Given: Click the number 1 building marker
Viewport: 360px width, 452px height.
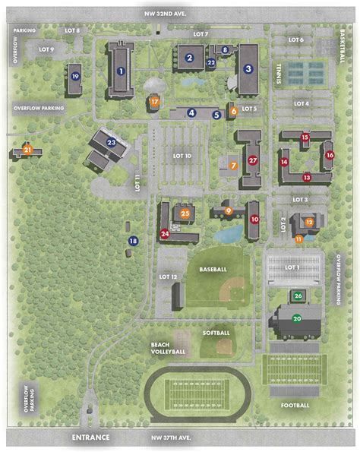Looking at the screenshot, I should pyautogui.click(x=121, y=71).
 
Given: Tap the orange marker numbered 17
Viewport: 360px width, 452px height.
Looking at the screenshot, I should pyautogui.click(x=155, y=101).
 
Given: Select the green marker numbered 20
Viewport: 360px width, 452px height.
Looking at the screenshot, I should pyautogui.click(x=297, y=319).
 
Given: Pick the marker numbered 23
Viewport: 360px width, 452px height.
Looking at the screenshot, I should pyautogui.click(x=111, y=141).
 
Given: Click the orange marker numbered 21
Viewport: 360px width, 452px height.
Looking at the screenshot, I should pyautogui.click(x=27, y=150).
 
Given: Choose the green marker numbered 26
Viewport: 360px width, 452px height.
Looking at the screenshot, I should pyautogui.click(x=298, y=296).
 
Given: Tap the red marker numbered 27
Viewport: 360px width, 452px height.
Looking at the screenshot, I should pyautogui.click(x=253, y=160).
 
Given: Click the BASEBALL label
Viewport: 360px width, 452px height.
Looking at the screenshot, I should pyautogui.click(x=213, y=270).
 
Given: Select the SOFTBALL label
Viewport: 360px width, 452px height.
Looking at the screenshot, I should pyautogui.click(x=216, y=333).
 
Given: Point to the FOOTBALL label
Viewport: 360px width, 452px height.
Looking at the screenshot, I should pyautogui.click(x=295, y=405).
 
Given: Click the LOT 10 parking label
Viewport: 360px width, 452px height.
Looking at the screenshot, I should pyautogui.click(x=182, y=156).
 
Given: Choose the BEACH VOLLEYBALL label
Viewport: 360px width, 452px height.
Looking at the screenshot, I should pyautogui.click(x=169, y=348).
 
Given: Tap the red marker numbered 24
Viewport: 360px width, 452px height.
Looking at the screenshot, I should pyautogui.click(x=165, y=234).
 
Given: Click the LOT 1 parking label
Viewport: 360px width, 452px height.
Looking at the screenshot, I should pyautogui.click(x=292, y=267).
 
